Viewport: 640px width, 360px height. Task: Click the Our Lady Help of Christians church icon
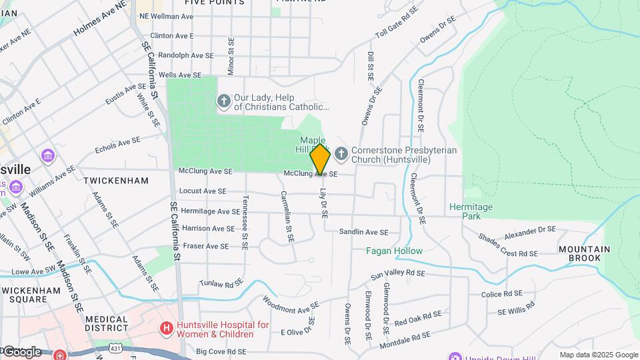pyautogui.click(x=223, y=101)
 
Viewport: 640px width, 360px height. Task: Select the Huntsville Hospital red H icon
pyautogui.click(x=166, y=329)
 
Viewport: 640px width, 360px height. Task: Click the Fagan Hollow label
pyautogui.click(x=394, y=251)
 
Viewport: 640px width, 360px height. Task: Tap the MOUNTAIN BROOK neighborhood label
pyautogui.click(x=584, y=253)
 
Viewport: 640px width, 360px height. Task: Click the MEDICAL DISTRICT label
pyautogui.click(x=107, y=323)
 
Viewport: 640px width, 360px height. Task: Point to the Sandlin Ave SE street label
pyautogui.click(x=363, y=232)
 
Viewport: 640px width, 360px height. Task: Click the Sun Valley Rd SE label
pyautogui.click(x=397, y=273)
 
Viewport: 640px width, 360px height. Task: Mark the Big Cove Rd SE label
pyautogui.click(x=221, y=351)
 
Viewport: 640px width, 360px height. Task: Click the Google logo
pyautogui.click(x=21, y=351)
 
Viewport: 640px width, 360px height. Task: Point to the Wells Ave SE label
pyautogui.click(x=185, y=75)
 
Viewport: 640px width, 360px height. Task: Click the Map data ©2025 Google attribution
pyautogui.click(x=599, y=355)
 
